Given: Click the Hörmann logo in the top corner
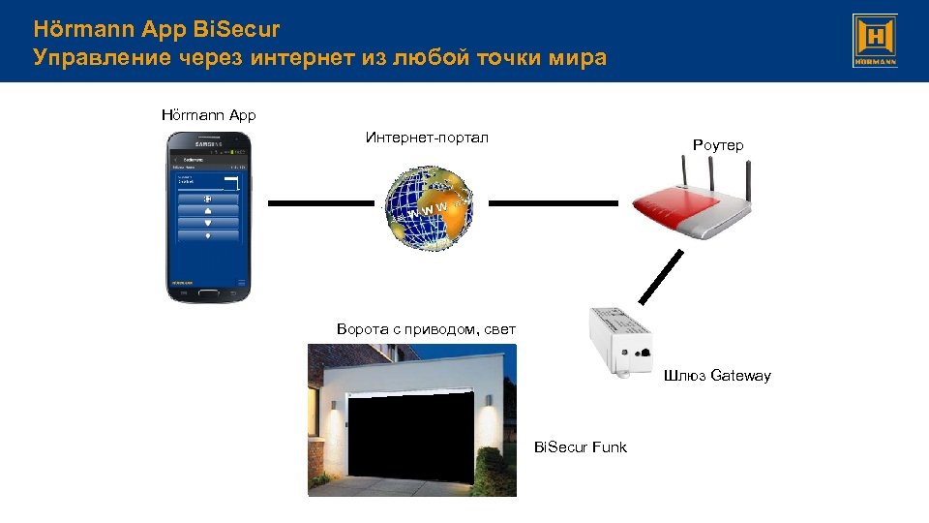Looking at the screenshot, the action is click(875, 41).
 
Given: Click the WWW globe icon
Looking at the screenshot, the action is click(429, 206).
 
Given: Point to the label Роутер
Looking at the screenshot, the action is click(718, 145).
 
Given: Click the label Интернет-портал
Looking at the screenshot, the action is click(427, 138).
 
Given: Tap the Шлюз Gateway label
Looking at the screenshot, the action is click(717, 376).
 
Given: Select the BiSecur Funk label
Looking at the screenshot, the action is click(581, 446).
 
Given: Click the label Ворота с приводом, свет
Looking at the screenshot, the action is click(426, 329).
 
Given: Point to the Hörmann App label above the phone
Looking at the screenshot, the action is click(208, 115).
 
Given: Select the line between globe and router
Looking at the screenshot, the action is click(552, 203).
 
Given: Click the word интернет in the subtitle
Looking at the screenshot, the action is click(307, 58).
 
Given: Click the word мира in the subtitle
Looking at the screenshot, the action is click(577, 58).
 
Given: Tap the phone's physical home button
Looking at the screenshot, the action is click(208, 290).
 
